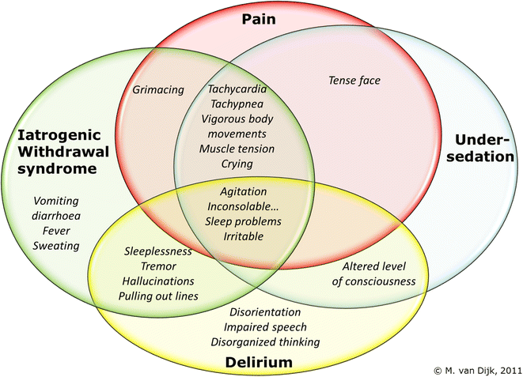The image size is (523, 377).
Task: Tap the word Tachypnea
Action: [237, 104]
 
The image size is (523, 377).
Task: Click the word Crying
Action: [237, 164]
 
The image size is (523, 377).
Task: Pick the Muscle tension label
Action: [237, 149]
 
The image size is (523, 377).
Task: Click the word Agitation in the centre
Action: [241, 191]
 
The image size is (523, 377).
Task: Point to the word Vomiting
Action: [57, 201]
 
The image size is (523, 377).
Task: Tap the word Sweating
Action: [57, 246]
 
